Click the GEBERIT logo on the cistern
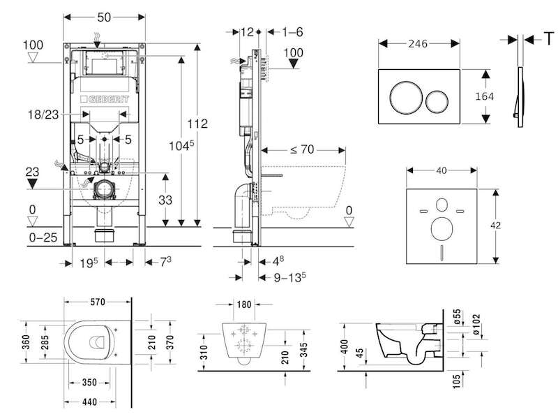click(104, 98)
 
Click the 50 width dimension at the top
click(104, 17)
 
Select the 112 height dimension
click(197, 124)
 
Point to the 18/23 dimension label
click(43, 115)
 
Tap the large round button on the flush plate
click(406, 97)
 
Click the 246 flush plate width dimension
click(418, 43)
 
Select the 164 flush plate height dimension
click(484, 96)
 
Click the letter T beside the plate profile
click(550, 38)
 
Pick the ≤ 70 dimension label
click(302, 149)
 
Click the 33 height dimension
click(165, 200)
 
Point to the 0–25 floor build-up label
click(43, 237)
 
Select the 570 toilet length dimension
click(98, 302)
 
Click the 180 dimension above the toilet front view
click(244, 304)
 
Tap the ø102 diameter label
click(476, 325)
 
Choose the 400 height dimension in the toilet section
click(344, 347)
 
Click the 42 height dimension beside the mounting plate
click(495, 225)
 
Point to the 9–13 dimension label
click(290, 277)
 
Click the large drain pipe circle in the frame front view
click(105, 189)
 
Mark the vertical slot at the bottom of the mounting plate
click(442, 253)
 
